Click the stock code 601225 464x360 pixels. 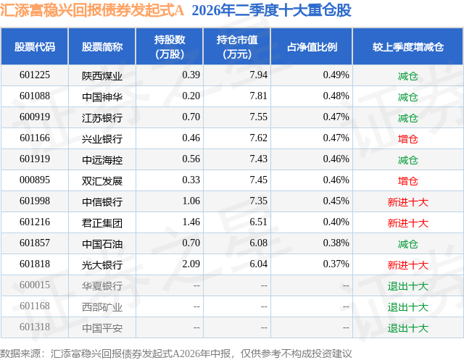tap(35, 75)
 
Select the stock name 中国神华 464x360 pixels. tap(102, 96)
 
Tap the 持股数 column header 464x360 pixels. tap(170, 46)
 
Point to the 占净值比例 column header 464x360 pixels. tap(312, 46)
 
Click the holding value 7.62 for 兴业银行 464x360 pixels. tap(258, 138)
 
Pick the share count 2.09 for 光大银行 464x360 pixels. tap(191, 264)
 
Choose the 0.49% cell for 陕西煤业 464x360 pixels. tap(336, 75)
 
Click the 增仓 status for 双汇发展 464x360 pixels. tap(407, 180)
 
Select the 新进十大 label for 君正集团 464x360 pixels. tap(407, 222)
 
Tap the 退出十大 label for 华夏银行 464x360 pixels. tap(407, 285)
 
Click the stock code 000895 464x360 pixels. tap(35, 180)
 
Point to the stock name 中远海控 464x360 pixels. tap(102, 159)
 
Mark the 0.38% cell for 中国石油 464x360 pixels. tap(336, 243)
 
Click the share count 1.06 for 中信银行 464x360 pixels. tap(191, 201)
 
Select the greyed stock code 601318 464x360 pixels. tap(35, 327)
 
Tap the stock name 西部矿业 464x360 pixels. tap(102, 306)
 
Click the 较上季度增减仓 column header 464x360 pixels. tap(407, 46)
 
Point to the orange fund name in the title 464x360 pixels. tap(92, 10)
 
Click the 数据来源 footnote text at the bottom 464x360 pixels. tap(175, 353)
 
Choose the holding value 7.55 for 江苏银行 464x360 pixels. tap(258, 117)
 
